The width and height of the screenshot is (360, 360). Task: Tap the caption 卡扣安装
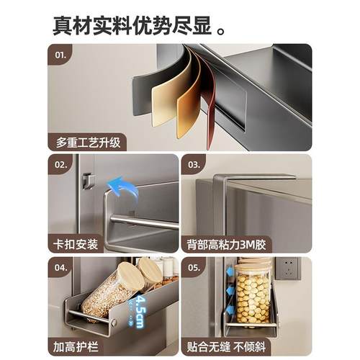click(76, 245)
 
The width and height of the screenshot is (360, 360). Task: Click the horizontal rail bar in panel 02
click(144, 222)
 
